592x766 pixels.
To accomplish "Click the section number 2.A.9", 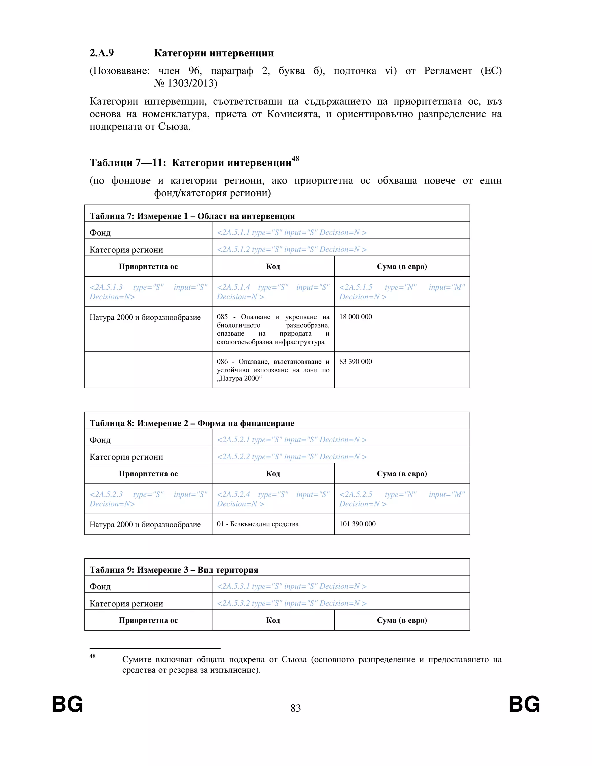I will (x=102, y=53).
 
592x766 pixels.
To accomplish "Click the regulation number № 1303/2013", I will (x=186, y=83).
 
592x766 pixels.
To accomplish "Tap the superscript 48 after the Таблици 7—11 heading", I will (x=295, y=158).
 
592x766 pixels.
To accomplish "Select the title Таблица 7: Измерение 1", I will (x=192, y=216).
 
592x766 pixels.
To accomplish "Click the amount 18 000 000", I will (x=355, y=317).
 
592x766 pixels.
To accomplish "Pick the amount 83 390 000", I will (x=355, y=362).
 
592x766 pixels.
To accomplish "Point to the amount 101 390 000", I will (x=357, y=524).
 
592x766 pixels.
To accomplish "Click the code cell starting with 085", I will (x=273, y=329).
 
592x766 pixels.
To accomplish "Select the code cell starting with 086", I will (x=273, y=370).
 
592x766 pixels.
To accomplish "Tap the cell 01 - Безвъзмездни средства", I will (x=258, y=524).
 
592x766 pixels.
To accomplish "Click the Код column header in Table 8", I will (x=273, y=474).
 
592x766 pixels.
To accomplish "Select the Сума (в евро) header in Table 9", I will (x=402, y=620).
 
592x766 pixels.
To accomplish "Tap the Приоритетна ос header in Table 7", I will (x=148, y=267).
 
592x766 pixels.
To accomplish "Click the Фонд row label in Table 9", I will (x=100, y=587).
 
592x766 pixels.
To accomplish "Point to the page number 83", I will (x=295, y=708).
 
